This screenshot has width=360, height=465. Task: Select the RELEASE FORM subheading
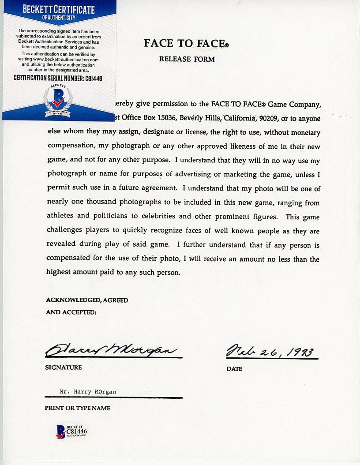187,59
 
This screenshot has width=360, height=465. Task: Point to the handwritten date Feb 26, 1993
270,352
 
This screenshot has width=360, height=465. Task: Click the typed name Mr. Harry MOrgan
88,392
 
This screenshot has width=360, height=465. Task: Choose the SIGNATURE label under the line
63,367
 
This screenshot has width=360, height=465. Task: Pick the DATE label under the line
234,369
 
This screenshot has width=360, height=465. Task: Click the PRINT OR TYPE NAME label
77,408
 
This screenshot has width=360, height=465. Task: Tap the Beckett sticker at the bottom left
71,431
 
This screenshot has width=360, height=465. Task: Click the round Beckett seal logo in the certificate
58,101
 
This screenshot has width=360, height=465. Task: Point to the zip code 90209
269,119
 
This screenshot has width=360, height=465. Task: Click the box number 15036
179,119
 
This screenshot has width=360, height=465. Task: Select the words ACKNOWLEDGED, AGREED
87,300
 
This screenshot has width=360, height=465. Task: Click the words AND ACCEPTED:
71,312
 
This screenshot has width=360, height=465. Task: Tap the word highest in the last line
59,272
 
